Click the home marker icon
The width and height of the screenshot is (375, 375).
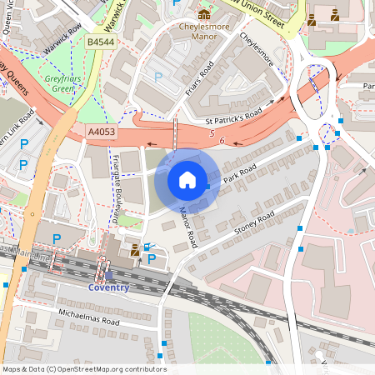[187, 179]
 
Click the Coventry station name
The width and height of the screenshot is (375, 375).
[108, 288]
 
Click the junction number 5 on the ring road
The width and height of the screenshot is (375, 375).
[212, 133]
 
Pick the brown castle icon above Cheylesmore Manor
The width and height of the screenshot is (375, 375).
[204, 14]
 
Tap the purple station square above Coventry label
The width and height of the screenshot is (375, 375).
[108, 275]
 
